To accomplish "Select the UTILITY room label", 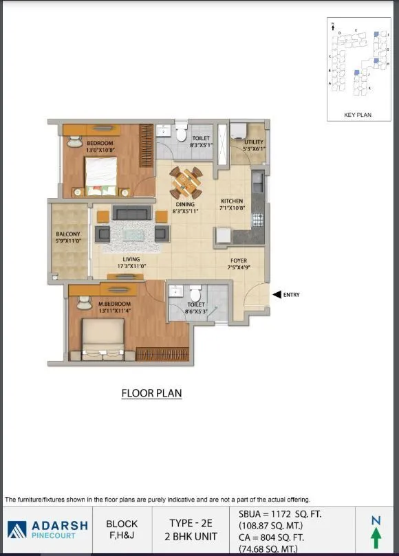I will (x=254, y=142).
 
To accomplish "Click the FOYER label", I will (x=239, y=261).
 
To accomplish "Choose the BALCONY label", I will (x=68, y=234).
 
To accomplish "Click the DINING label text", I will (x=185, y=204).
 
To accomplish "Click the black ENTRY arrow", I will (x=277, y=295).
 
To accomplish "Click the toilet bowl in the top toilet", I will (x=181, y=131).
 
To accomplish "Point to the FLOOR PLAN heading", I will (x=151, y=393).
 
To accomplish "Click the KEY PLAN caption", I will (x=358, y=115).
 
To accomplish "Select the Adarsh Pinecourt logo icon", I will (x=17, y=529).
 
